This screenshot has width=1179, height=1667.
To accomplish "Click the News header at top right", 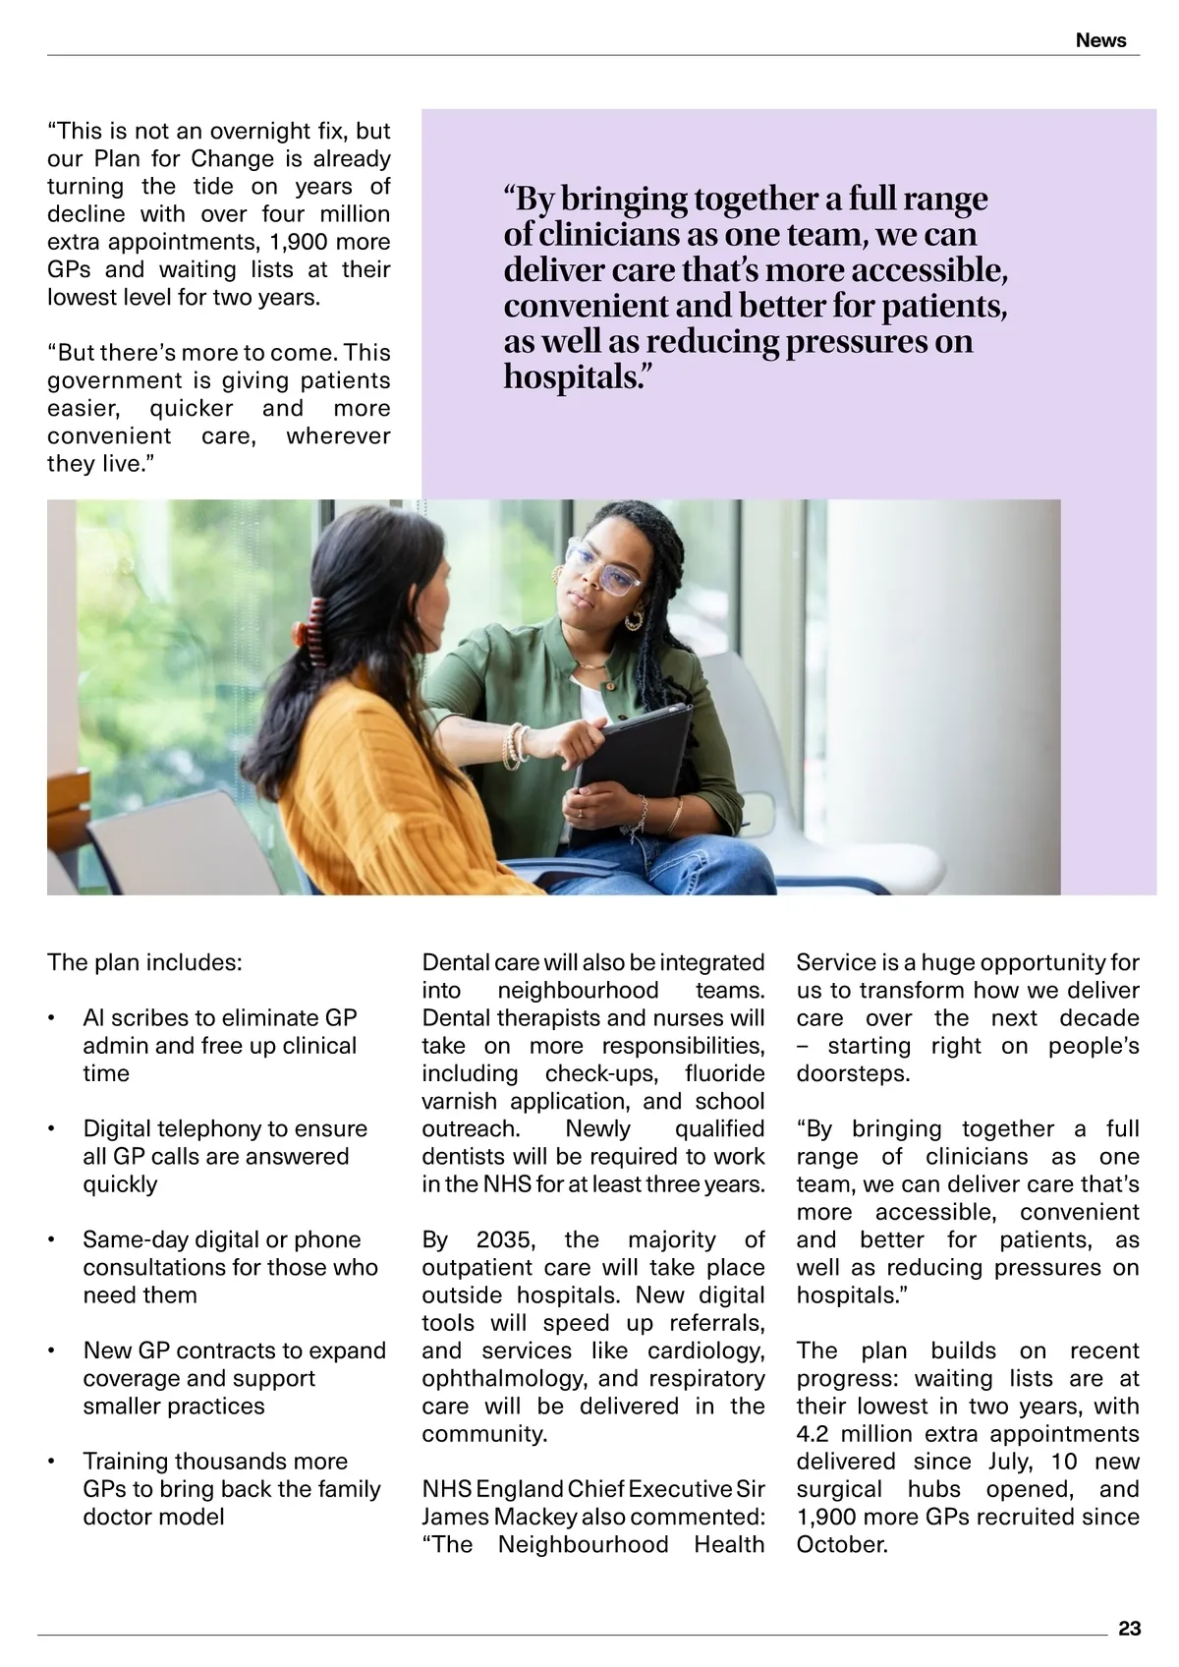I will click(1100, 40).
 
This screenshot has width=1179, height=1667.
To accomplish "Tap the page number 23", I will click(1129, 1629).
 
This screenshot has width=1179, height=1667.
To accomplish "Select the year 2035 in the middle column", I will click(503, 1239).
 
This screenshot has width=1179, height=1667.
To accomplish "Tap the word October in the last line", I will click(841, 1544).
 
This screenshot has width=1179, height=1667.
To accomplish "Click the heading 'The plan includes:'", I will click(144, 962).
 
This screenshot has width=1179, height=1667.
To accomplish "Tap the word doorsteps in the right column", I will click(851, 1073).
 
